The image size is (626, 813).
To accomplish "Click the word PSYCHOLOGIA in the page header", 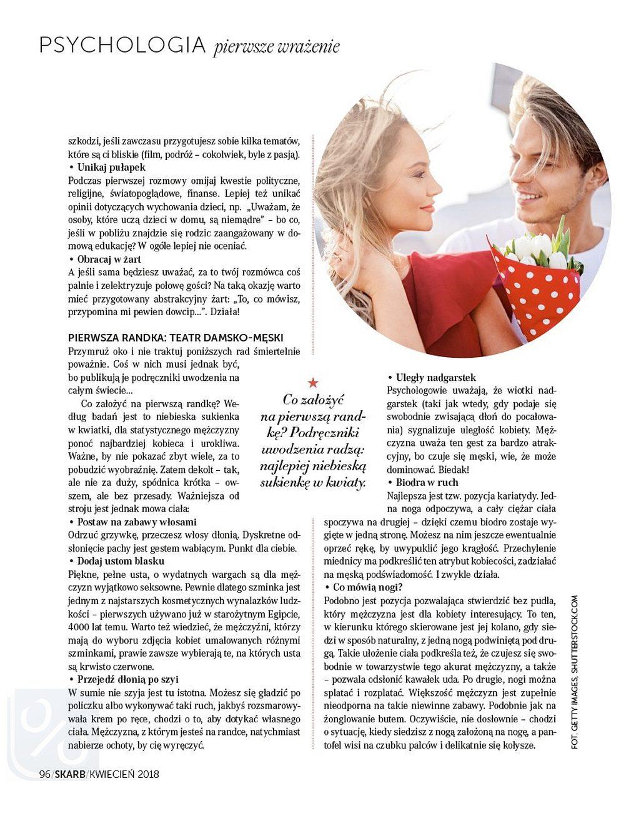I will [122, 45].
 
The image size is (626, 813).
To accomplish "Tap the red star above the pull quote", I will [313, 383].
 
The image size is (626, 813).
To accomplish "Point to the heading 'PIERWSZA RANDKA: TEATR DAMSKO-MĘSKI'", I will [176, 337].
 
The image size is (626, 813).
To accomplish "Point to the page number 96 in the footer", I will [44, 774].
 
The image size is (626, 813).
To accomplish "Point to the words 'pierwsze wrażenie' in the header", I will [277, 47].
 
